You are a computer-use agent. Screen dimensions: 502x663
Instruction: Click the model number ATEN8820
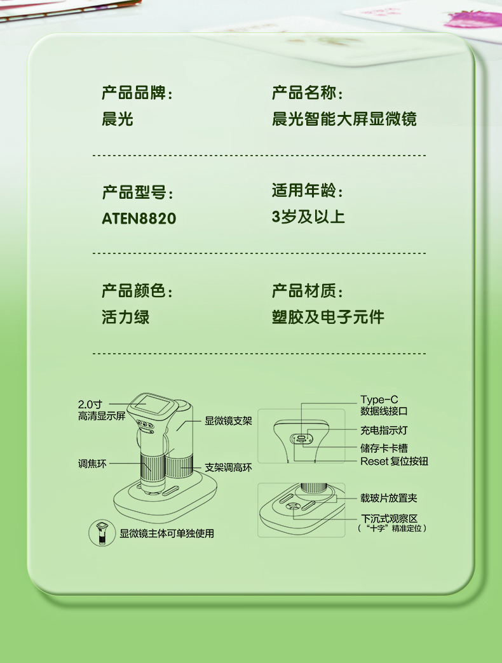pos(139,218)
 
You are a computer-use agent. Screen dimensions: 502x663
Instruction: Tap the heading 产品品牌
pos(137,93)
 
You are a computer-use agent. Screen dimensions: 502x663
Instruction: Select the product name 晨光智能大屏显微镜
pos(344,119)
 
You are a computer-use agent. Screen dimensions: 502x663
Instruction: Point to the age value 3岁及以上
pos(308,217)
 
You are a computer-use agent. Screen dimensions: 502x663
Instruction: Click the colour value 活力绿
pos(126,317)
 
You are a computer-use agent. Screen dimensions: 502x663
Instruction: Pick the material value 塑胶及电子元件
pos(328,317)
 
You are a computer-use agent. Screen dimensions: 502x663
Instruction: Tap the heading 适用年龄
pos(307,191)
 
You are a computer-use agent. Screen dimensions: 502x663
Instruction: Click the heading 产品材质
pos(307,291)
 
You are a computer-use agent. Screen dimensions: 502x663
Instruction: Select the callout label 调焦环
pos(92,464)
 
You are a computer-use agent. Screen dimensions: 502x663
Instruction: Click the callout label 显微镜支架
pos(228,420)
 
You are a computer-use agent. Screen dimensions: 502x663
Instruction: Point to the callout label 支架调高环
pos(228,467)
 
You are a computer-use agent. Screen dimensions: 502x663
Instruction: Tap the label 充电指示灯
pos(384,431)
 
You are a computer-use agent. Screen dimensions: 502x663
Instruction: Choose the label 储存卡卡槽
pos(384,448)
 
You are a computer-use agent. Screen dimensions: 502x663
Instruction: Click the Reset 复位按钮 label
pos(394,461)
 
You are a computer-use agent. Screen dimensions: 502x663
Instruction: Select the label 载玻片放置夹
pos(389,499)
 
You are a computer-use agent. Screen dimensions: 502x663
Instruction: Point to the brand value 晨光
pos(118,119)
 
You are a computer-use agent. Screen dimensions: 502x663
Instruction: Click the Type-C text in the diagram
pos(379,399)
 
